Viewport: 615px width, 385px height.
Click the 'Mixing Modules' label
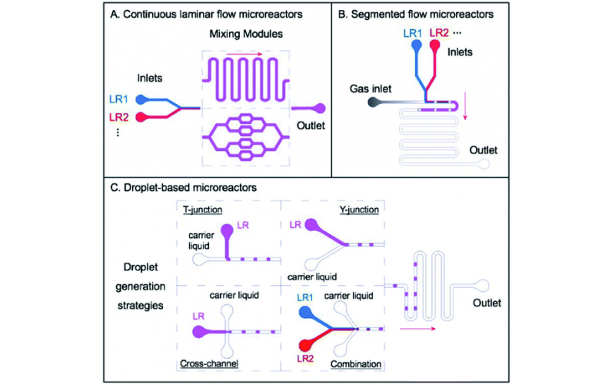click(244, 35)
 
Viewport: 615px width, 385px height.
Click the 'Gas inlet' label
click(364, 87)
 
